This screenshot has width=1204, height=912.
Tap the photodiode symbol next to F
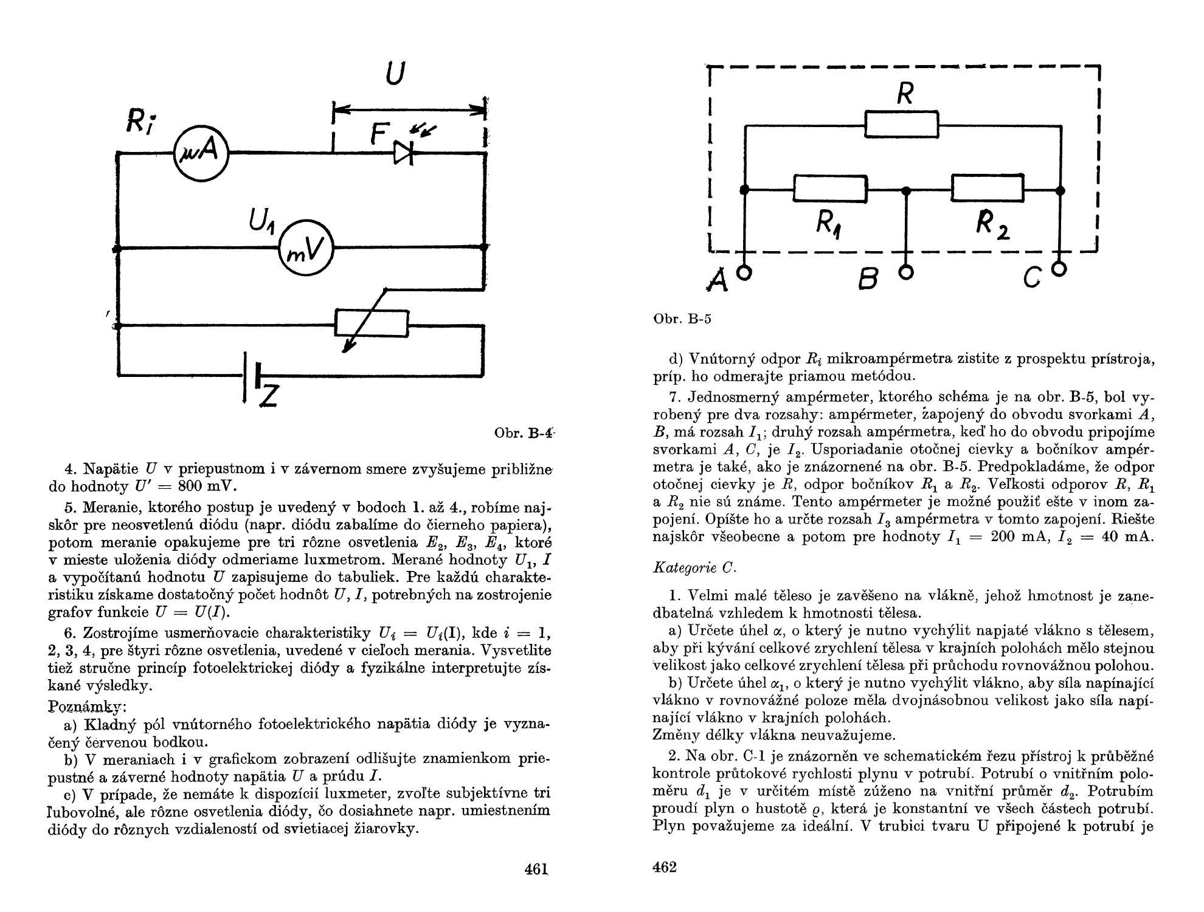pyautogui.click(x=403, y=153)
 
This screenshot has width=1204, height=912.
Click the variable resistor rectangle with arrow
pyautogui.click(x=372, y=322)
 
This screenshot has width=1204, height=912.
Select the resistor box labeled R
pyautogui.click(x=902, y=125)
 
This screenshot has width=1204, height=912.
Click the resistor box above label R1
pyautogui.click(x=830, y=189)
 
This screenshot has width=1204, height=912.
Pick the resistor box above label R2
pyautogui.click(x=988, y=188)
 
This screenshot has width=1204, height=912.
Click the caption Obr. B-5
pyautogui.click(x=682, y=319)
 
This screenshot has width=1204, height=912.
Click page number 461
pyautogui.click(x=536, y=869)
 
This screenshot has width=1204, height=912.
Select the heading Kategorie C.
pyautogui.click(x=694, y=568)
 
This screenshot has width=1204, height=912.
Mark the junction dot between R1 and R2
pyautogui.click(x=906, y=191)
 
